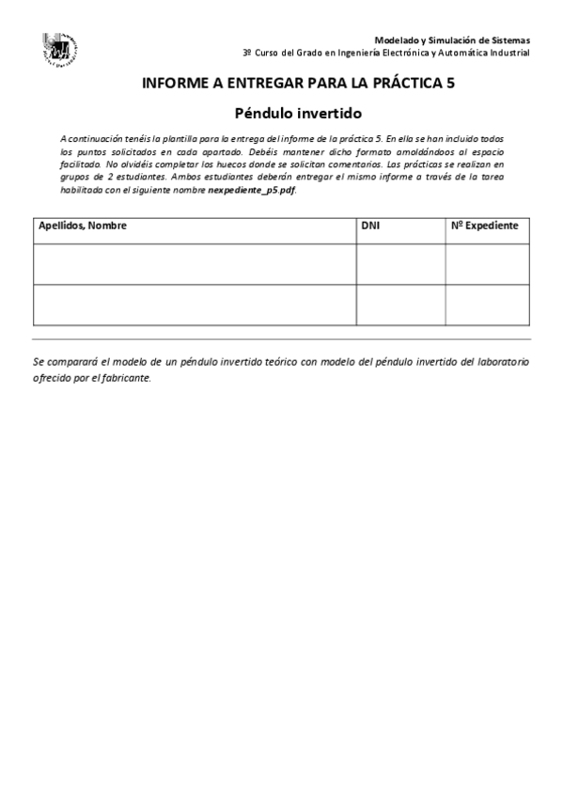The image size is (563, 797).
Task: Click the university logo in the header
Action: coord(60,49)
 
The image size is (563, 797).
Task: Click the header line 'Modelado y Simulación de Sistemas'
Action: coord(452,40)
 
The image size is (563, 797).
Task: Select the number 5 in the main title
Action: coord(451,84)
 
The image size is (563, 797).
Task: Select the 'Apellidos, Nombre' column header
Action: coord(83,227)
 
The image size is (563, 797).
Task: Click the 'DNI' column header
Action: coord(371,227)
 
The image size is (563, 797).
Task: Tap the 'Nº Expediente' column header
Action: coord(485,227)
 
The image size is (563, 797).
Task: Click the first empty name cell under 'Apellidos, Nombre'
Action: coord(194,263)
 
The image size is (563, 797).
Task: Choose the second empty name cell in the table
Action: coord(194,305)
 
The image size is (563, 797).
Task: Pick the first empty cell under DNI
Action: coord(400,263)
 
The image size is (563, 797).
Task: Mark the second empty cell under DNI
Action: coord(400,305)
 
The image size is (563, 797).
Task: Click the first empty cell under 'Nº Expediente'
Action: coord(488,263)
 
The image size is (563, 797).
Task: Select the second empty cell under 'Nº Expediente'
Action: coord(488,305)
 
